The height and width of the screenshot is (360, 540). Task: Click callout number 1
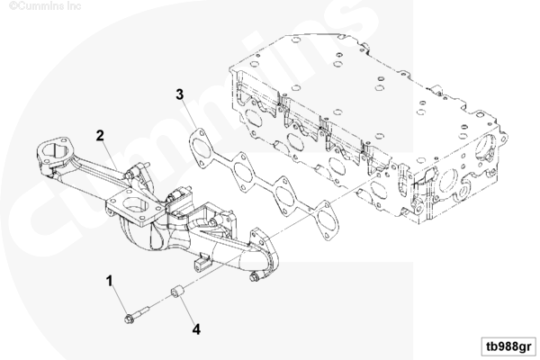[x=110, y=281]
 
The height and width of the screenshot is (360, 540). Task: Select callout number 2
[x=100, y=135]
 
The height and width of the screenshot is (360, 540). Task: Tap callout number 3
[x=180, y=94]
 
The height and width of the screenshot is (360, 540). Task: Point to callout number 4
[x=196, y=329]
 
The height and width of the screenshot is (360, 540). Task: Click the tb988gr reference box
[x=508, y=346]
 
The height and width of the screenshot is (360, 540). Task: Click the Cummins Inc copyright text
[x=45, y=6]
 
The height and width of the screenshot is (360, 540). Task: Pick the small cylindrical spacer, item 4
[x=177, y=292]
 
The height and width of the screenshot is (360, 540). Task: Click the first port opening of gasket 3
[x=202, y=148]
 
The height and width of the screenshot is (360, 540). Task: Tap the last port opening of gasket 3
[x=327, y=220]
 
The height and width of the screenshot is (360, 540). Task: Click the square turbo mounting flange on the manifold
[x=135, y=207]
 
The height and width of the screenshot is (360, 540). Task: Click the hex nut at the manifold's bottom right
[x=254, y=276]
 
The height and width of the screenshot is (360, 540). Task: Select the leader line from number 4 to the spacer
[x=186, y=310]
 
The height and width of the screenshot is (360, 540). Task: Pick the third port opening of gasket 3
[x=285, y=195]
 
